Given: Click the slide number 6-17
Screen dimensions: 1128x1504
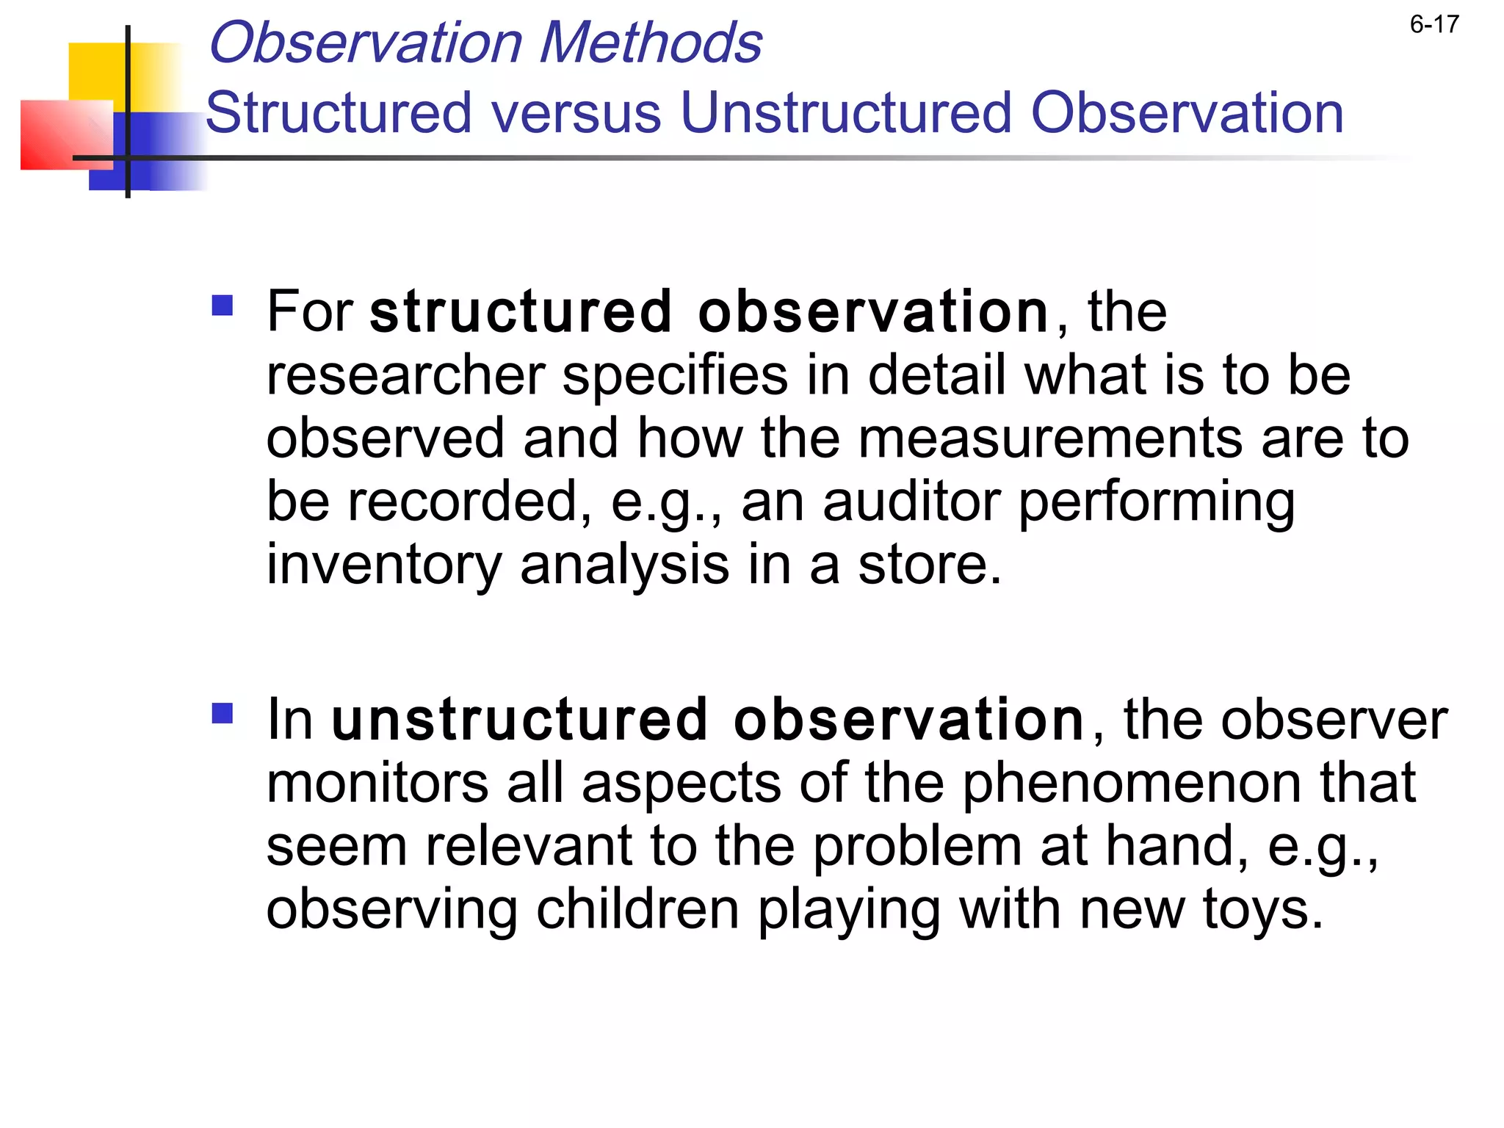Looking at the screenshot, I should coord(1433,25).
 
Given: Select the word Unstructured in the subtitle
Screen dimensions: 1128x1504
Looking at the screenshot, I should coord(846,113).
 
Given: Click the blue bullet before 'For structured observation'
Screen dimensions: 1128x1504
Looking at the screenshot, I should coord(222,305).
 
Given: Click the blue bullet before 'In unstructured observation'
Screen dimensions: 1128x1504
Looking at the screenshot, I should coord(222,713).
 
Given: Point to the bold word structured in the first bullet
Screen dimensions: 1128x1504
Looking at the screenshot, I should coord(521,312).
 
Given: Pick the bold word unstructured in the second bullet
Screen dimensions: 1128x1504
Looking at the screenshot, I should coord(519,720).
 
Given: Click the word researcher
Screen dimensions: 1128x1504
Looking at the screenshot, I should coord(405,375).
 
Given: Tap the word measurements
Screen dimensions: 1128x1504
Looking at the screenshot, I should coord(1050,438).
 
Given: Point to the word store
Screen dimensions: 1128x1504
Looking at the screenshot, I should coord(930,565).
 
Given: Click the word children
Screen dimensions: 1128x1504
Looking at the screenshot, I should coord(637,910).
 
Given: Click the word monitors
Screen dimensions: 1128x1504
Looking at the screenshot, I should coord(377,784).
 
